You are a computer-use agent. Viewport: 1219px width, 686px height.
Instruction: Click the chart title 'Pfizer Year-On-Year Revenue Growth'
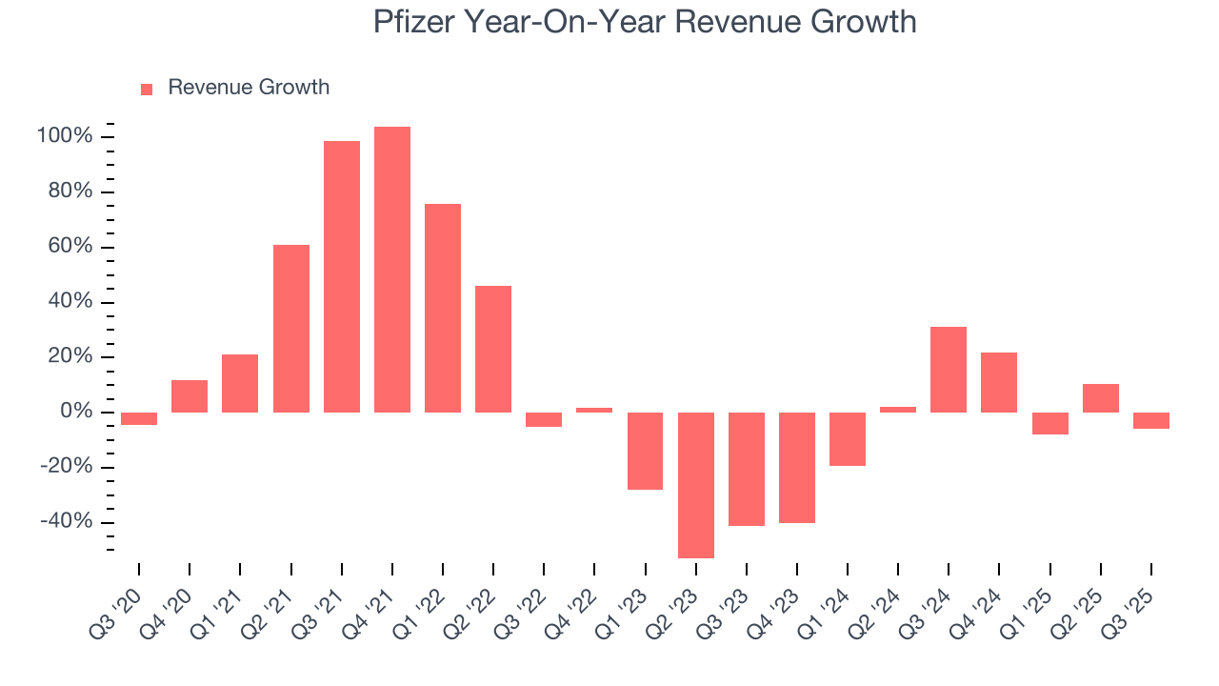pyautogui.click(x=645, y=21)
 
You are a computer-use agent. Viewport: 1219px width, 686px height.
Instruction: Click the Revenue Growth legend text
pyautogui.click(x=249, y=88)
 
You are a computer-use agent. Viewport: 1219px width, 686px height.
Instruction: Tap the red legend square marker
pyautogui.click(x=147, y=89)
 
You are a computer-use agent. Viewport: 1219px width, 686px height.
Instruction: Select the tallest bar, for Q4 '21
pyautogui.click(x=392, y=270)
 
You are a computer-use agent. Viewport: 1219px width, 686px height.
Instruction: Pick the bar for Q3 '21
pyautogui.click(x=342, y=276)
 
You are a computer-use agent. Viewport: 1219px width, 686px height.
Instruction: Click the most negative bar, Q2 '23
pyautogui.click(x=696, y=485)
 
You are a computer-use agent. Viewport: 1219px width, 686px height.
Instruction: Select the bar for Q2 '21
pyautogui.click(x=291, y=329)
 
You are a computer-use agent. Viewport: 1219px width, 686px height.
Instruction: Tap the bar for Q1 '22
pyautogui.click(x=443, y=308)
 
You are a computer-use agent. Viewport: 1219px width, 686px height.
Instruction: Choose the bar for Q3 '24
pyautogui.click(x=949, y=370)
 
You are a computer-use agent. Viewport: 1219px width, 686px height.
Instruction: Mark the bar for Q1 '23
pyautogui.click(x=646, y=451)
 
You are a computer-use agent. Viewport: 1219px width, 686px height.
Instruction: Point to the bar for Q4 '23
pyautogui.click(x=797, y=468)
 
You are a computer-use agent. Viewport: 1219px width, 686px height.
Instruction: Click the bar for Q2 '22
pyautogui.click(x=493, y=349)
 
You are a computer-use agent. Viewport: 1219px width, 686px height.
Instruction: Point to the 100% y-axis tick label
pyautogui.click(x=65, y=137)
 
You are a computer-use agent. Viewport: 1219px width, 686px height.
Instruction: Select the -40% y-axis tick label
pyautogui.click(x=66, y=522)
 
